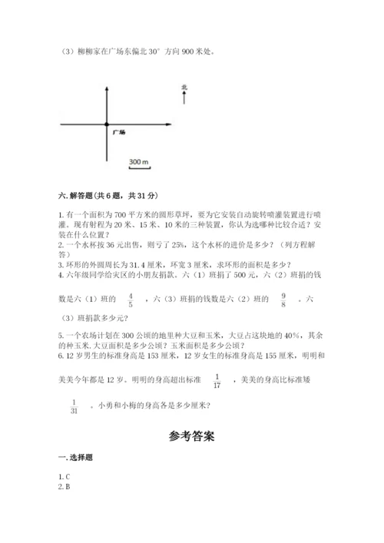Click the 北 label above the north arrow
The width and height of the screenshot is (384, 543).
point(184,88)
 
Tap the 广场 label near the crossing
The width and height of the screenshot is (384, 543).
point(119,133)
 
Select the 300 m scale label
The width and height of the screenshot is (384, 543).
point(138,163)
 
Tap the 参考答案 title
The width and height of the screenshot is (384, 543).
point(191,436)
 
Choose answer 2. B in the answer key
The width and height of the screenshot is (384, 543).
point(64,487)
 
